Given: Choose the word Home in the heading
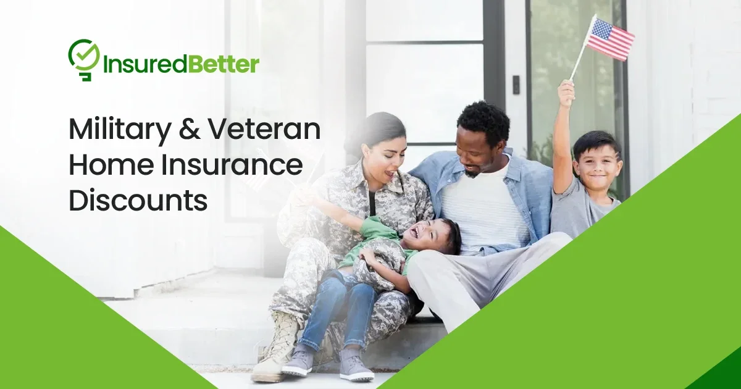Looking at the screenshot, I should (106, 165).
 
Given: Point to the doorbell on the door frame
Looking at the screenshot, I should (516, 85).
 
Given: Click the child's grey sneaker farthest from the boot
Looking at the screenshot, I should (357, 364).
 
